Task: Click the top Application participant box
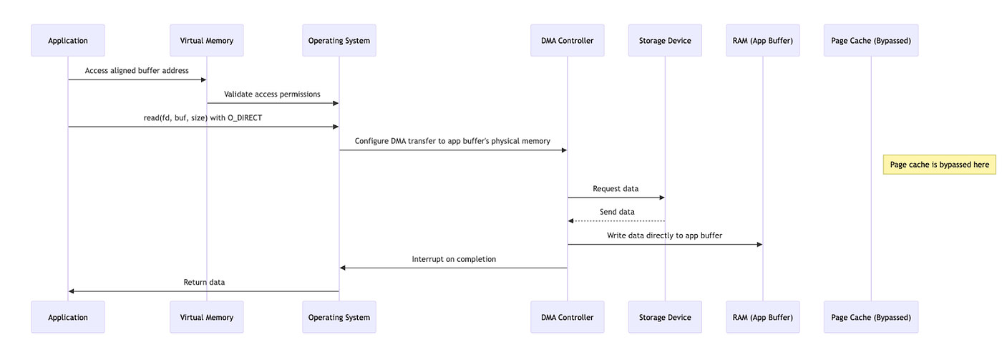click(68, 40)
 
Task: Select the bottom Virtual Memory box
click(207, 317)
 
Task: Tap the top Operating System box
click(339, 40)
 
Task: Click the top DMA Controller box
click(567, 40)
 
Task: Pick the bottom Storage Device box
click(665, 317)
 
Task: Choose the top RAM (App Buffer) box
click(763, 40)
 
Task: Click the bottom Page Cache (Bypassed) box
click(871, 317)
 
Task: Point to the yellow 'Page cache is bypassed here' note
click(939, 165)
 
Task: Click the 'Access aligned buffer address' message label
click(137, 71)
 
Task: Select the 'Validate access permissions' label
click(272, 94)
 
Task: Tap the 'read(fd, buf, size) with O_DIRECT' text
click(203, 117)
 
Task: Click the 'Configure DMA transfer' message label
click(452, 141)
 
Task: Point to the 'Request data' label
click(616, 189)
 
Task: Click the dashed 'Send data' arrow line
click(616, 221)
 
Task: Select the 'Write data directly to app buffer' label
click(664, 235)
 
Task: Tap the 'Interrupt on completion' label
click(454, 259)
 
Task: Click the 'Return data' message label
click(204, 282)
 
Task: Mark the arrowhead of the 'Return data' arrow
click(71, 291)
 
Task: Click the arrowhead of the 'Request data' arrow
click(662, 198)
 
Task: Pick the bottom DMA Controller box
click(567, 317)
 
